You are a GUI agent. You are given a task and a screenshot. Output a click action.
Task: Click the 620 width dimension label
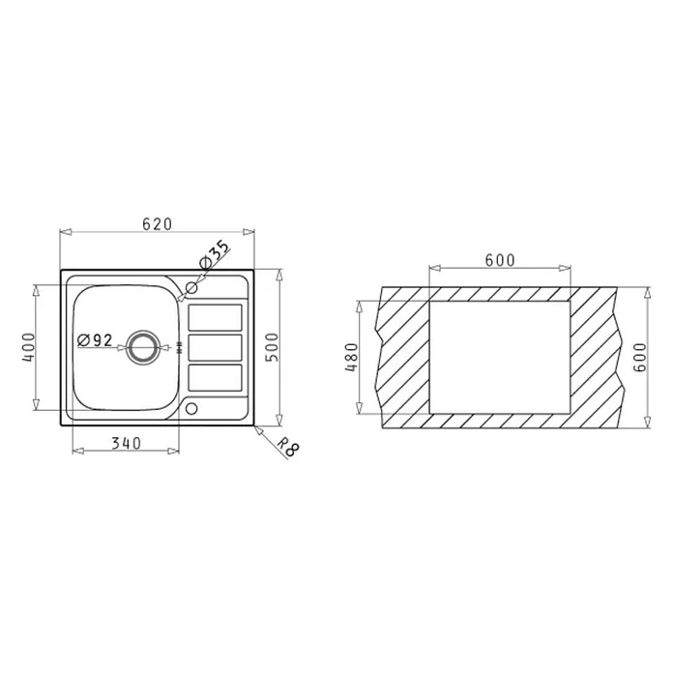pos(157,224)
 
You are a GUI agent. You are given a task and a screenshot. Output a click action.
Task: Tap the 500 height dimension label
pos(272,347)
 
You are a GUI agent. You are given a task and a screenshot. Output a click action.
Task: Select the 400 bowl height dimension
pos(28,347)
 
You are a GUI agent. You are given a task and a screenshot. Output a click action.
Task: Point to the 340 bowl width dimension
pos(126,443)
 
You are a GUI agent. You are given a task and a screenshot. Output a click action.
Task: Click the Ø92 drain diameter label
pos(95,340)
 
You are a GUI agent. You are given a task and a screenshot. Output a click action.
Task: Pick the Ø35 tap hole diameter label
pos(214,255)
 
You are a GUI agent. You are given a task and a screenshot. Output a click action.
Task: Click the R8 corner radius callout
pos(287,448)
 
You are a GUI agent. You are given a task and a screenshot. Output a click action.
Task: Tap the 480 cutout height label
pos(351,357)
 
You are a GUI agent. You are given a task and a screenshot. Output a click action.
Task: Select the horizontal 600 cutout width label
pos(500,260)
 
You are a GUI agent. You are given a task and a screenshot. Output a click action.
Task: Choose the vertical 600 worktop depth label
pos(639,357)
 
